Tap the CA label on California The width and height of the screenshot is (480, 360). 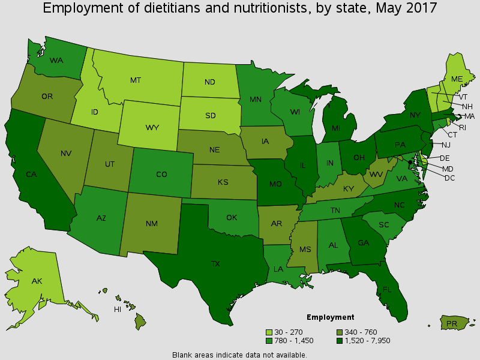[29, 175]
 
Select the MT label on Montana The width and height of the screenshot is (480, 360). [136, 79]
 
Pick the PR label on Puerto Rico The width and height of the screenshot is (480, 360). [453, 325]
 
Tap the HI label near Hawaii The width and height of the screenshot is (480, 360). [118, 309]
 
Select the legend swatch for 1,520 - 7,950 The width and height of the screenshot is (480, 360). [340, 341]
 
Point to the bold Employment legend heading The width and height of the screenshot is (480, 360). [330, 317]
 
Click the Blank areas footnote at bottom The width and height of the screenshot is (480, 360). [239, 355]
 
